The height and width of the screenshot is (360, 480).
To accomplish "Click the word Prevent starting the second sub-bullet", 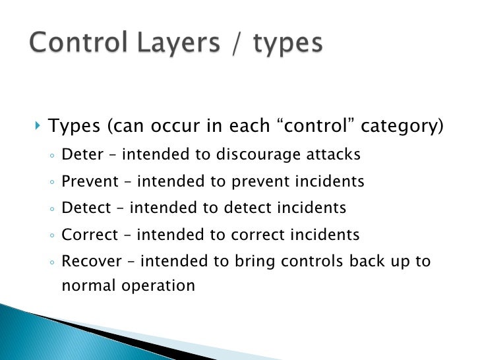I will pyautogui.click(x=90, y=181).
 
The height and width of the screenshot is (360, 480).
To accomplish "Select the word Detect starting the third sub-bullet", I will pyautogui.click(x=86, y=208).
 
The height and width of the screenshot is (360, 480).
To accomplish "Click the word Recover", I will pyautogui.click(x=92, y=260).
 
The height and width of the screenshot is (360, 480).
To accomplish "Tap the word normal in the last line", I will pyautogui.click(x=84, y=286).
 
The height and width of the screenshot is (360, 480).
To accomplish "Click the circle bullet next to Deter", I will pyautogui.click(x=52, y=156).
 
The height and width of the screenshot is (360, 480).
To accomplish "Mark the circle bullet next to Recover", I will pyautogui.click(x=52, y=262).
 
